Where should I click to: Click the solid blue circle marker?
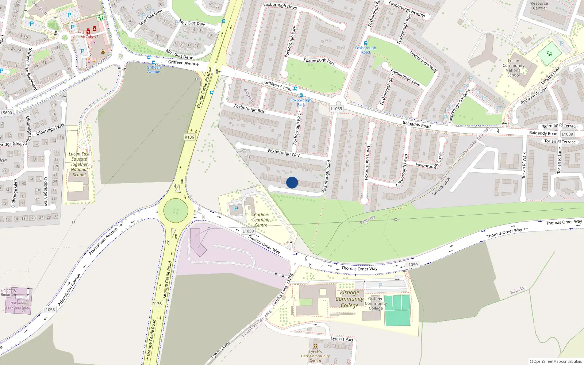(x=292, y=182)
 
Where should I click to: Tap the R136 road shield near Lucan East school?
(x=189, y=137)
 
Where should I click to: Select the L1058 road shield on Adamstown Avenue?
(x=49, y=310)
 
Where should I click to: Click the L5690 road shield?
(x=6, y=113)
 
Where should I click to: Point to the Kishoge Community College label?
(x=349, y=299)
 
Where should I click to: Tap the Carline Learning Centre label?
(x=261, y=220)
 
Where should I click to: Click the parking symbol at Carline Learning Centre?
(x=236, y=209)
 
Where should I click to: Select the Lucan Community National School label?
(x=513, y=68)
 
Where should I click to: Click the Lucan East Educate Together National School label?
(x=79, y=164)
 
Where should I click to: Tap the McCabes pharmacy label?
(x=88, y=37)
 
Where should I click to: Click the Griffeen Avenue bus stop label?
(x=154, y=69)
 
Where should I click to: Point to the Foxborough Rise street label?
(x=250, y=108)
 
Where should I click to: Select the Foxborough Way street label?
(x=284, y=153)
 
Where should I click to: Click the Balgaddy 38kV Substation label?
(x=18, y=305)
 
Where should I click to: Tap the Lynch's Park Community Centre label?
(x=315, y=356)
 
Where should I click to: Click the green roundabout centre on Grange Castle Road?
(x=176, y=211)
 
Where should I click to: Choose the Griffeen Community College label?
(x=376, y=303)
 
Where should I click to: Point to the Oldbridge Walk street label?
(x=50, y=129)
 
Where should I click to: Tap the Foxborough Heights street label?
(x=407, y=9)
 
